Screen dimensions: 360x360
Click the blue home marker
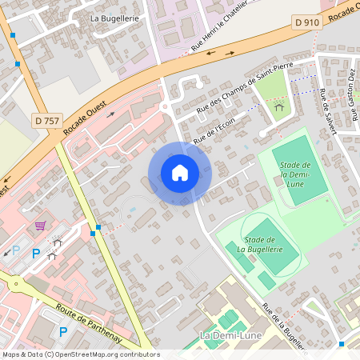coord(179,173)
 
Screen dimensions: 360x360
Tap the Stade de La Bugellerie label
coord(260,244)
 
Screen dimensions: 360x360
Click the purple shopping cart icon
coord(40,226)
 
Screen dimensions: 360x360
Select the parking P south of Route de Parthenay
coord(64,331)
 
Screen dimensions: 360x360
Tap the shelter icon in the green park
coord(279,106)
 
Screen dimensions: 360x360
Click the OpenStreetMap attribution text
coord(80,354)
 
